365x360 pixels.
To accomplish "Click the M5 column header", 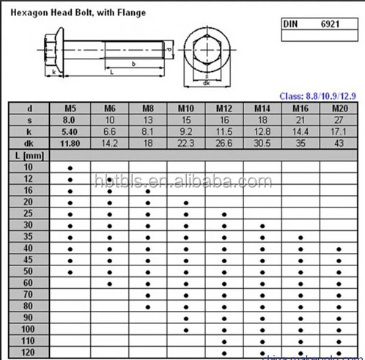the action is [x=70, y=109].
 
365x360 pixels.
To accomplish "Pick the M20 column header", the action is [x=339, y=109].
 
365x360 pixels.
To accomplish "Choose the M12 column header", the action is [x=224, y=109].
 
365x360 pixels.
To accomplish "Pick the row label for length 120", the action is [x=28, y=353].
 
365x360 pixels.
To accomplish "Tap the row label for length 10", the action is [x=28, y=168].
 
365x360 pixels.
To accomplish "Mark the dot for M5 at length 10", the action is [x=70, y=168].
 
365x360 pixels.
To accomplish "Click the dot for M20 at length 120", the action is [x=339, y=353].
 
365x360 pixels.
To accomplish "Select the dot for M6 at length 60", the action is [x=109, y=283].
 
